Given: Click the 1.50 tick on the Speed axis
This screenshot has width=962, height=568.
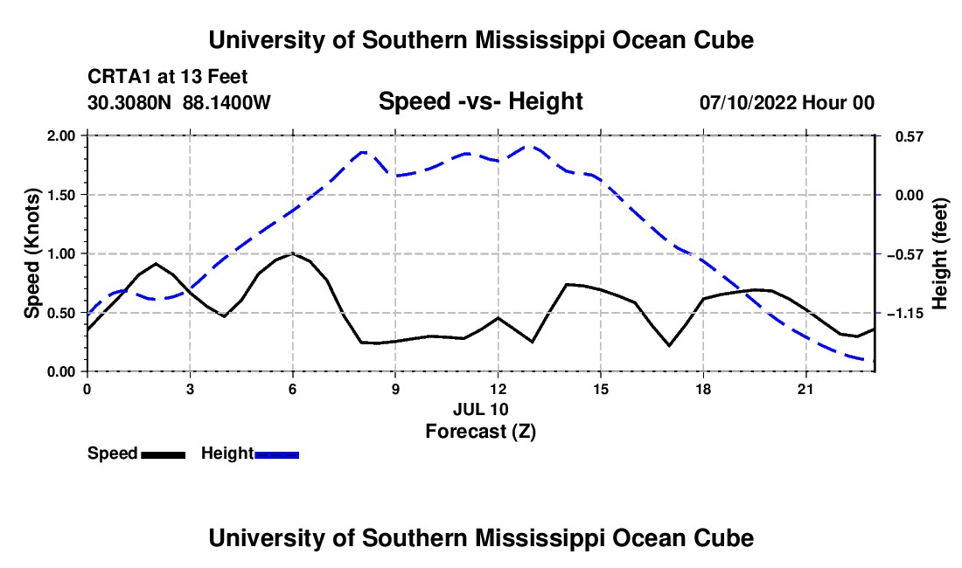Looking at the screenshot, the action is [x=62, y=195].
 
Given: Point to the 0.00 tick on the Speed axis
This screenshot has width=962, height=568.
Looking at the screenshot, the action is [x=62, y=372].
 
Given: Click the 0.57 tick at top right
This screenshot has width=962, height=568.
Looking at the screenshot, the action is [x=910, y=136].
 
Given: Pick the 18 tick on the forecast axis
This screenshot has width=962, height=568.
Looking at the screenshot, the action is [x=703, y=389].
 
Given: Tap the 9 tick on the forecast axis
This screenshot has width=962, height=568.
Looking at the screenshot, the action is [x=395, y=389].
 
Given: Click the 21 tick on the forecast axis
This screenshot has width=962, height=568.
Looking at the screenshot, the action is [x=805, y=389].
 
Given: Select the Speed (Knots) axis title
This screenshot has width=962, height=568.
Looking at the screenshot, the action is [x=31, y=253].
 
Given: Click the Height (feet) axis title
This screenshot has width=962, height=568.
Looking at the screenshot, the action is [x=939, y=253].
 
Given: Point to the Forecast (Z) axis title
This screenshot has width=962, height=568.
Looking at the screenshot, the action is [x=481, y=432].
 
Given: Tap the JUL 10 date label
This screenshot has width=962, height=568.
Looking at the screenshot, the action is [x=481, y=409].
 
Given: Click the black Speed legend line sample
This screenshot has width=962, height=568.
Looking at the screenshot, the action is [x=164, y=454].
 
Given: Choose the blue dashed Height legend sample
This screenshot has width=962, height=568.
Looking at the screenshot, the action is [x=276, y=454].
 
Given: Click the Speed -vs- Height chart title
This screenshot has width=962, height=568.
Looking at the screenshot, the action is [x=481, y=101].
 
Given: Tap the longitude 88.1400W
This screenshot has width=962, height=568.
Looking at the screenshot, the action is [x=227, y=101].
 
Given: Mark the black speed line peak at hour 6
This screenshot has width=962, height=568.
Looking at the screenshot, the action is [x=293, y=253].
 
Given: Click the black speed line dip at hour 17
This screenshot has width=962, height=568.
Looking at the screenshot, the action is [x=669, y=345].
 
